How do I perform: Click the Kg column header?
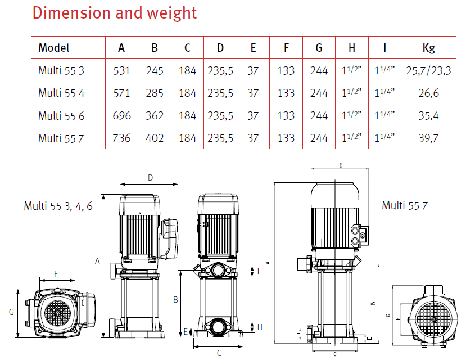pos(428,48)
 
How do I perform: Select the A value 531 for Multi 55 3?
pos(121,71)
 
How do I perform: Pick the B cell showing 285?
pos(155,93)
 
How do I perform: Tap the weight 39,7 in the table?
pos(428,138)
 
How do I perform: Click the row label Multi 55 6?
pos(61,116)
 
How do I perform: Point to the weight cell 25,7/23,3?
pos(428,71)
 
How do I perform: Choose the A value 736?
pos(121,138)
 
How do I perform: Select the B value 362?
pos(155,116)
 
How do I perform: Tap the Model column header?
pos(54,48)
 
